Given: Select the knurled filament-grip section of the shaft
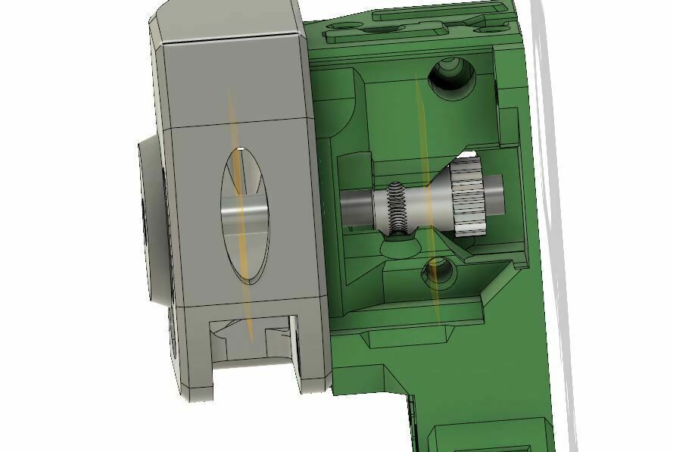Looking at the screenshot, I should (x=397, y=208).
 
